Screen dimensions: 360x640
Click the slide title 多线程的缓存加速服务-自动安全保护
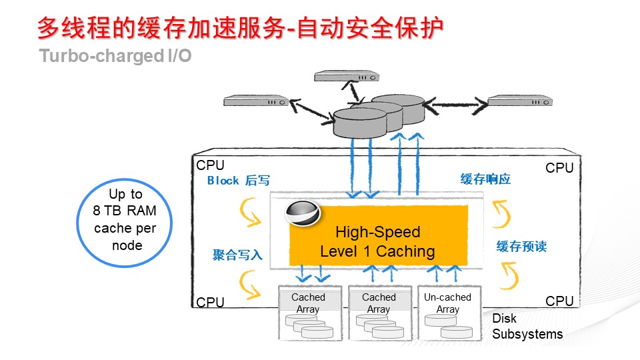pos(240,28)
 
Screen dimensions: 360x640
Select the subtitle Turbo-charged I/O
pos(115,56)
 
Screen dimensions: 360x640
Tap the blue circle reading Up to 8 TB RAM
pos(125,220)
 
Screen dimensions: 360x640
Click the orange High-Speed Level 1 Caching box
pos(377,241)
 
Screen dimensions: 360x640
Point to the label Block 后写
pos(238,181)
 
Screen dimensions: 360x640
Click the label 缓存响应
pos(485,180)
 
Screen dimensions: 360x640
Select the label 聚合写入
pos(237,255)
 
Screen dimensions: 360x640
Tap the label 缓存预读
pos(521,247)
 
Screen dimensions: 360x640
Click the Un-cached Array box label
pos(447,303)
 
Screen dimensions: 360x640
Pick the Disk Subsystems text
pos(527,327)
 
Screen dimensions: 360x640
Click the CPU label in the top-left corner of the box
pos(210,165)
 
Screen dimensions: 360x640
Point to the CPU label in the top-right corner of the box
pos(559,168)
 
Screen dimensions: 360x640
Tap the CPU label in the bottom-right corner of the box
pos(559,301)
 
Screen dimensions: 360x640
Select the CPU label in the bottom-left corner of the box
pos(210,303)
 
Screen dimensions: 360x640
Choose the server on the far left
pos(256,101)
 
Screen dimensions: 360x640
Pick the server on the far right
pos(519,101)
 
